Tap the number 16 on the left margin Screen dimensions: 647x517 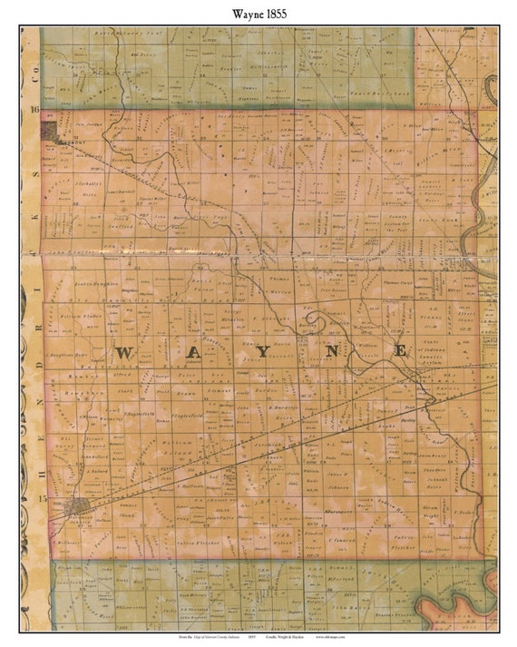point(35,110)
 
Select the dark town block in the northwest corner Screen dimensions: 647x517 point(63,133)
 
